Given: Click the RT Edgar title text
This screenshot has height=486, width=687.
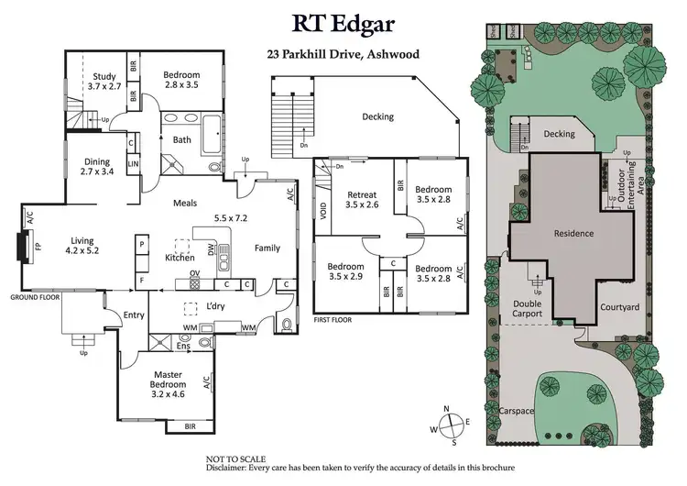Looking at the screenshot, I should point(343,23).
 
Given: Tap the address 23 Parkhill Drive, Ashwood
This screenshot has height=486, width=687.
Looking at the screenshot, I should point(343,54).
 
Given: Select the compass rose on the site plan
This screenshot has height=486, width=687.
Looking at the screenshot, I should point(450,425).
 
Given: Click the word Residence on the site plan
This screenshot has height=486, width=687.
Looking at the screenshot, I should point(574,233).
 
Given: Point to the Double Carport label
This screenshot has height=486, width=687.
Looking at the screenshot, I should point(527,308).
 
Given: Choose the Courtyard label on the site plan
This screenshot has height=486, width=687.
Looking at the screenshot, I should point(619,307).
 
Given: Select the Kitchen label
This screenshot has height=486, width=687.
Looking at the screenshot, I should point(179,258).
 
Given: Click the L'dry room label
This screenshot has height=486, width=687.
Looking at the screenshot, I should point(217,304).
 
